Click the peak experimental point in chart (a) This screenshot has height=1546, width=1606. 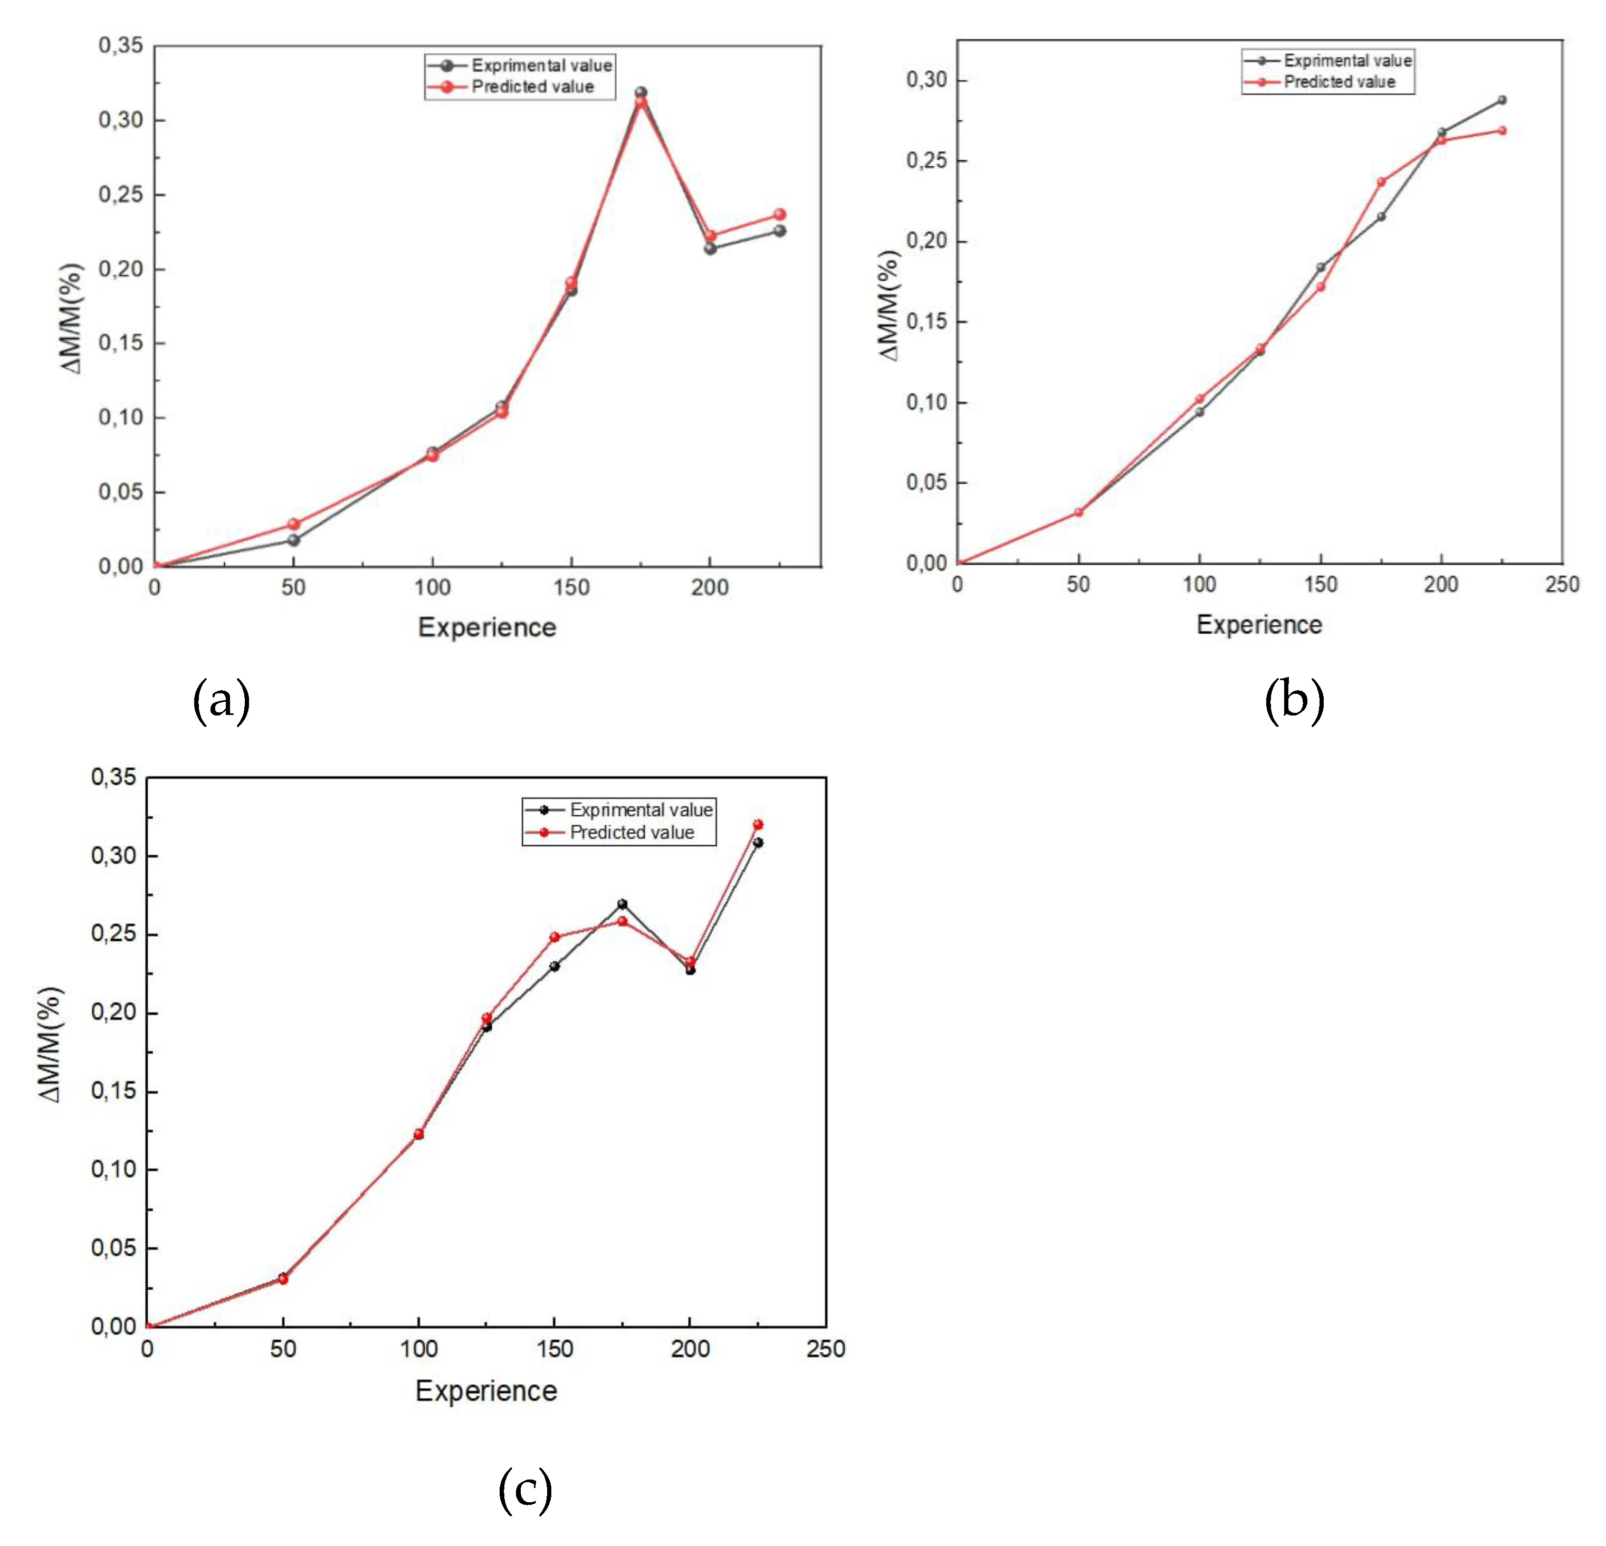641,92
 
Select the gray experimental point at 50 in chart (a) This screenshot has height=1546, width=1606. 293,540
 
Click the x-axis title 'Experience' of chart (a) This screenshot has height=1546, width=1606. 487,627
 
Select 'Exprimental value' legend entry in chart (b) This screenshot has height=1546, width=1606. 1347,61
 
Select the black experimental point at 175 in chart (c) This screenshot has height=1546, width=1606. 622,904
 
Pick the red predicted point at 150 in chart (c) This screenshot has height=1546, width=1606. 555,937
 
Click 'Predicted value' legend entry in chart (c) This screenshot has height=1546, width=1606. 632,833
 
